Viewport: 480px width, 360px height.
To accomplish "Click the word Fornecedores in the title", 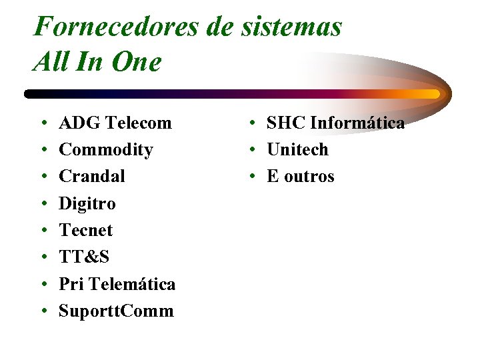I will click(114, 27).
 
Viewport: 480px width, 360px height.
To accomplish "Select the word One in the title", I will click(137, 63).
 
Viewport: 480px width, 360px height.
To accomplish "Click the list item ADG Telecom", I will click(115, 123).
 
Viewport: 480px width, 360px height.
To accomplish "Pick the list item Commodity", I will click(106, 150).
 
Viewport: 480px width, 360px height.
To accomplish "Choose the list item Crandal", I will click(92, 177).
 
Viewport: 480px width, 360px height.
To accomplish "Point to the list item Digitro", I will click(87, 203).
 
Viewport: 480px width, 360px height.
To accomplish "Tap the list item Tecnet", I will click(86, 230).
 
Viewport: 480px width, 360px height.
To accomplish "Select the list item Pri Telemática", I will click(117, 284).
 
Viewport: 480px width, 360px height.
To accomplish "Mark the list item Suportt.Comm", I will click(116, 311).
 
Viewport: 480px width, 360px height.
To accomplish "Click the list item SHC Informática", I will click(335, 123).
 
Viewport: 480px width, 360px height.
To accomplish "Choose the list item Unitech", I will click(297, 150).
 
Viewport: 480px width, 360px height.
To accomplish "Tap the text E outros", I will click(300, 177).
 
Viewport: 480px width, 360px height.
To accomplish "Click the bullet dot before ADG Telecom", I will click(43, 124).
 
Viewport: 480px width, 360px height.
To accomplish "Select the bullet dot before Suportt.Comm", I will click(43, 312).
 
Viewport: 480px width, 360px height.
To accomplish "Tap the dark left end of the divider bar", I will click(31, 94).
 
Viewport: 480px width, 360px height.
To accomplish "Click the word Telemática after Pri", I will click(131, 284).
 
